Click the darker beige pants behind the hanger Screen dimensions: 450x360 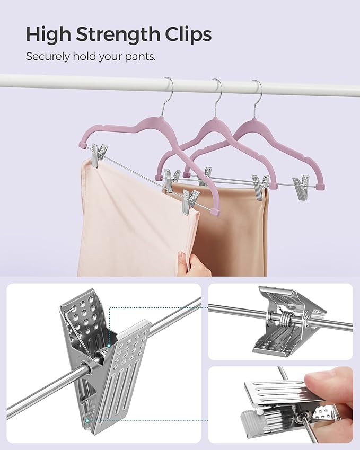(x=239, y=233)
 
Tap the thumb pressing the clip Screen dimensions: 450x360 (x=331, y=384)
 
